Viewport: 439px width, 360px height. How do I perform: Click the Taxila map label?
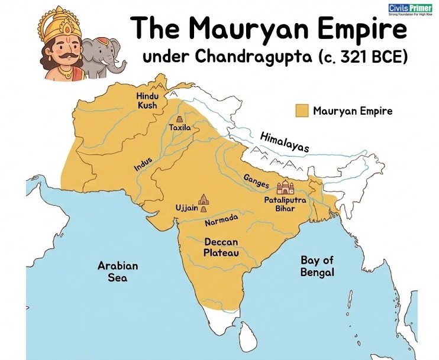(x=179, y=127)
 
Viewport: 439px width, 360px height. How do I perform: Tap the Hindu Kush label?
(x=147, y=100)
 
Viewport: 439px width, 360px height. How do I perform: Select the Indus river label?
(x=143, y=163)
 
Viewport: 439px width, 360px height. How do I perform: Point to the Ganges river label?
(x=257, y=181)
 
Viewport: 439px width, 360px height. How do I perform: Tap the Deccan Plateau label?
(x=221, y=247)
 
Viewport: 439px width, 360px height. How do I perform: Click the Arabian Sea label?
(x=117, y=271)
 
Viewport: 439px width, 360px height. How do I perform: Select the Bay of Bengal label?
(x=317, y=266)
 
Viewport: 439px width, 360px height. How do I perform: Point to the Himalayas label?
(x=285, y=142)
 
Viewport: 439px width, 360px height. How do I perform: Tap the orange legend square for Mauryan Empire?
(x=303, y=111)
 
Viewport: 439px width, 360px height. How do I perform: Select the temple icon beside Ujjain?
(x=204, y=202)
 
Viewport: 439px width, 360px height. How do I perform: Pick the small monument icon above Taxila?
(x=179, y=119)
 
